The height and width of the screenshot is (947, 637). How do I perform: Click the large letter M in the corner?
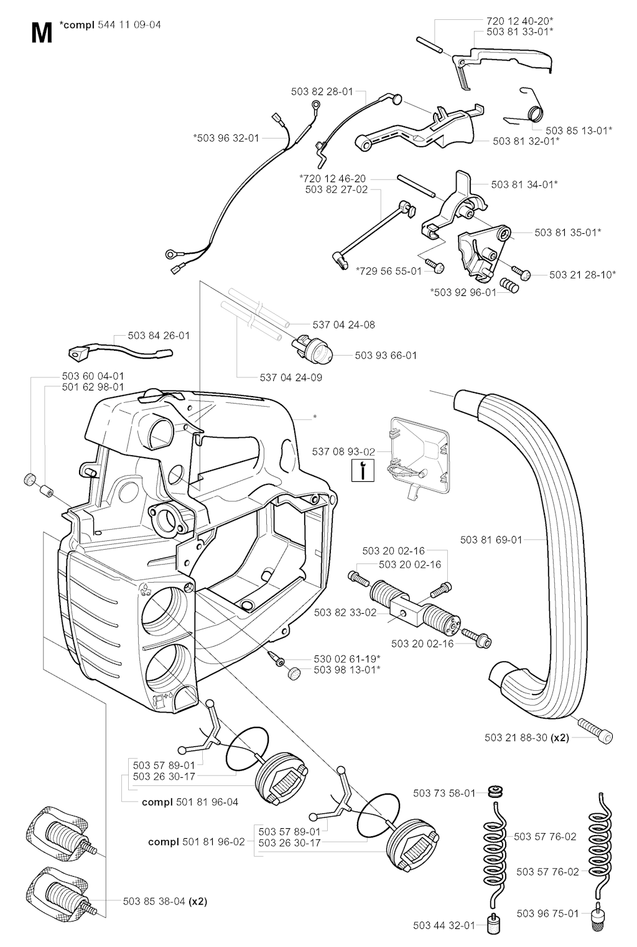coord(41,32)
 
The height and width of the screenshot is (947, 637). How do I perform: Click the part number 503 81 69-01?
coord(491,540)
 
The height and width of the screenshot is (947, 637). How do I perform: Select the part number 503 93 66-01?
coord(386,356)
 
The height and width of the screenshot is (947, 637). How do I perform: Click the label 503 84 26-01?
coord(159,336)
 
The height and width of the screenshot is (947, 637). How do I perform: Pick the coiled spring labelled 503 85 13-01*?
coord(534,113)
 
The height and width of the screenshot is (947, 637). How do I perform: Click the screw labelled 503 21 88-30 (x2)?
coord(596,731)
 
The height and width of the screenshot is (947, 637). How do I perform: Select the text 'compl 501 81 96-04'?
coord(190,802)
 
